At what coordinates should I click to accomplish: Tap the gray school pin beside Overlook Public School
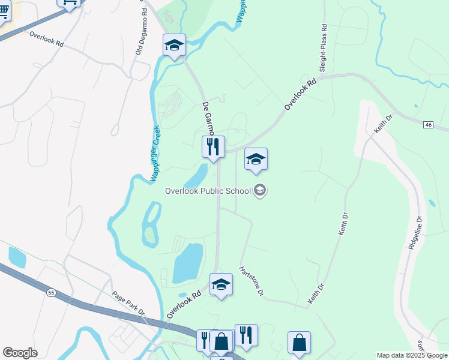point(260,191)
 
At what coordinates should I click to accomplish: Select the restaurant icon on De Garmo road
point(213,147)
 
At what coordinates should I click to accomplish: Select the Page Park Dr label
point(128,304)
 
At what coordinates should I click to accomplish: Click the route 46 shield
point(427,124)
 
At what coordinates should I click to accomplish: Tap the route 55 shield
point(51,292)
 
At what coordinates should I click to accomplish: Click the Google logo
point(20,352)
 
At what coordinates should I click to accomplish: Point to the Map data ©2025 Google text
point(411,355)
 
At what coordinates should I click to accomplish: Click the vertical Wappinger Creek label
point(154,154)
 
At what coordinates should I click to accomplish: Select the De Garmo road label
point(208,119)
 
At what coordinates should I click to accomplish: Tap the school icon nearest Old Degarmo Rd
point(174,45)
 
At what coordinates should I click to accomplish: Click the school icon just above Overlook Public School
point(256,160)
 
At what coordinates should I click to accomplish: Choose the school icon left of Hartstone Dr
point(221,284)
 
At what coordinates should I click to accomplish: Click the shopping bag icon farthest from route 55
point(299,343)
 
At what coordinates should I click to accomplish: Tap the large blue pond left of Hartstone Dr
point(188,263)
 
